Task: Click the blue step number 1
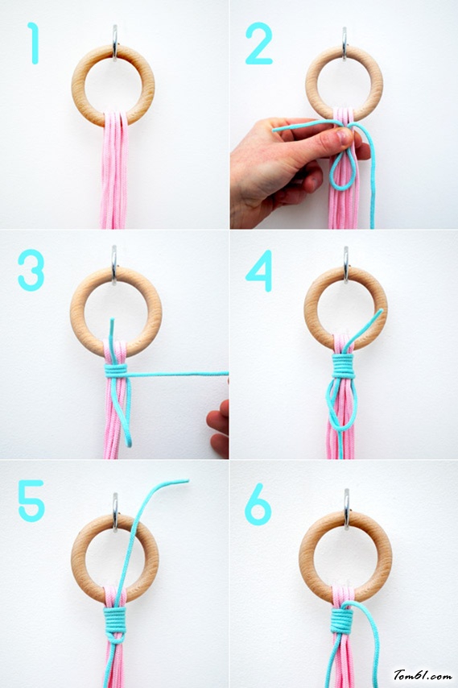[34, 43]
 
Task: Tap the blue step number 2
[259, 43]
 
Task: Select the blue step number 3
[31, 270]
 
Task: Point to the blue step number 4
[259, 271]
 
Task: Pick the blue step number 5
[31, 500]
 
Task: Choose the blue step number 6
[258, 504]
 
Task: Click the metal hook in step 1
[115, 42]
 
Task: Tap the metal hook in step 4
[346, 263]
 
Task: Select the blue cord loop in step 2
[342, 172]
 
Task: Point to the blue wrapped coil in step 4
[343, 366]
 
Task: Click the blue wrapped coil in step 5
[115, 619]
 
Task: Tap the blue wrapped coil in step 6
[341, 620]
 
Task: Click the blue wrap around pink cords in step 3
[116, 371]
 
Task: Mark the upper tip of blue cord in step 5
[188, 481]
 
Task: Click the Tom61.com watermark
[422, 675]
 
